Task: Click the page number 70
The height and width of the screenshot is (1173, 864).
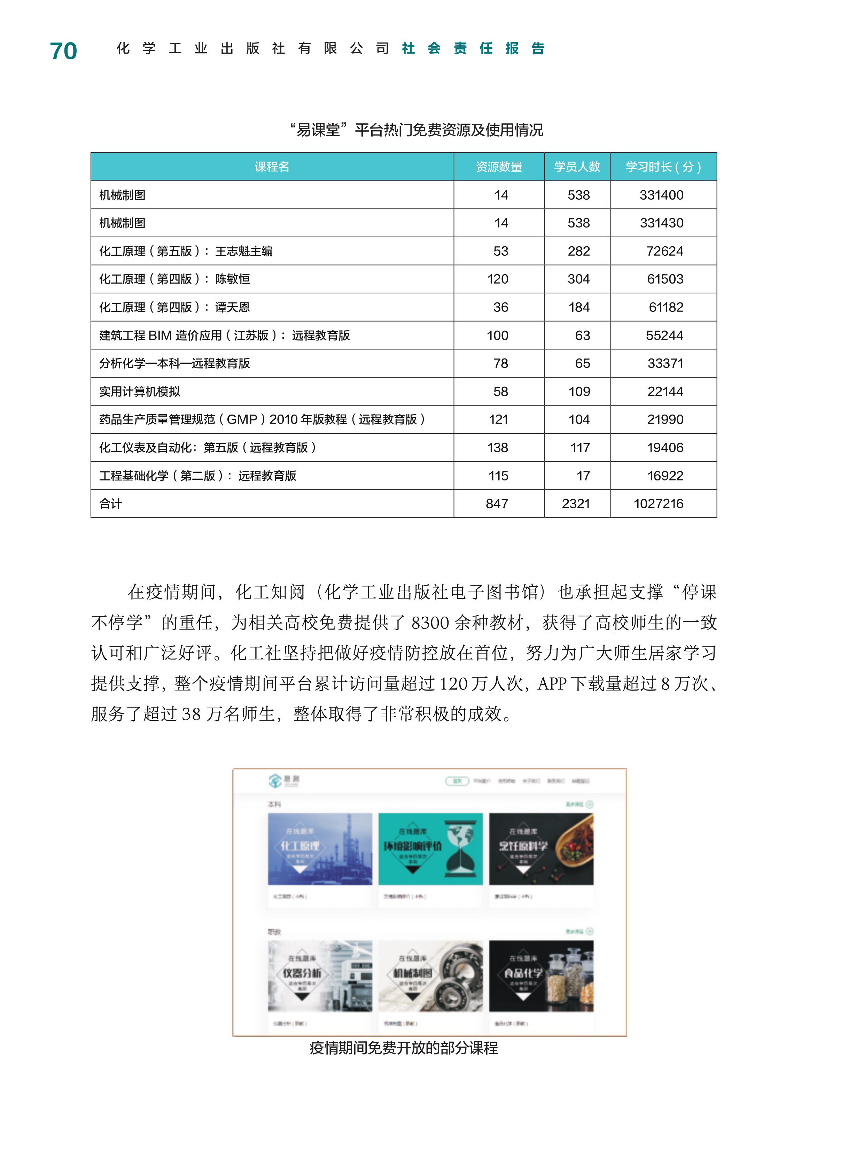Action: click(63, 51)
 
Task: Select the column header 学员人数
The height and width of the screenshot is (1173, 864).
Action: click(577, 167)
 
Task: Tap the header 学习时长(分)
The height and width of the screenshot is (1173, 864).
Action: click(663, 167)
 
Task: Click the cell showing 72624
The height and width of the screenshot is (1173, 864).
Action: click(664, 251)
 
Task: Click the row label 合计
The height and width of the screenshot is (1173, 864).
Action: click(111, 504)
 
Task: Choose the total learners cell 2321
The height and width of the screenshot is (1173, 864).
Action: click(576, 504)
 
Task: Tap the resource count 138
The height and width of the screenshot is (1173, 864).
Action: click(497, 448)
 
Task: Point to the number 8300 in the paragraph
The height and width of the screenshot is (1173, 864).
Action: click(430, 623)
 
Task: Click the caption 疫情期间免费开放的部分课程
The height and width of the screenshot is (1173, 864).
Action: click(403, 1048)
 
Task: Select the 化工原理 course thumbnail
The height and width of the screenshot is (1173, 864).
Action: click(320, 849)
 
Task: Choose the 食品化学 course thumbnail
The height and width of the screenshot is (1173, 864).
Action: click(541, 976)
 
